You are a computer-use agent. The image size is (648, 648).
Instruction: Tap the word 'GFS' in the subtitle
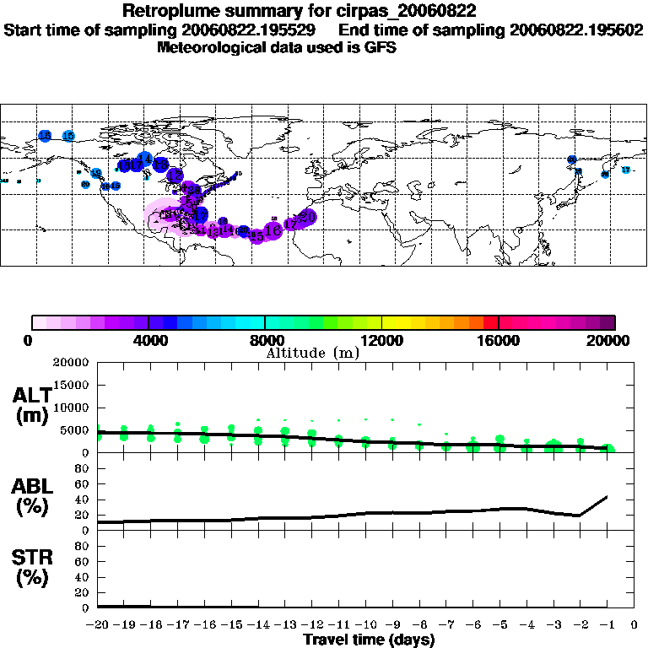381,47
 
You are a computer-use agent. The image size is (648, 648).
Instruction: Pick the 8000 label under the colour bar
265,341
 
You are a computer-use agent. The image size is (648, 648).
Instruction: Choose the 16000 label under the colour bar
498,341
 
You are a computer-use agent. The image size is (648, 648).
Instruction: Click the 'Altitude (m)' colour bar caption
312,353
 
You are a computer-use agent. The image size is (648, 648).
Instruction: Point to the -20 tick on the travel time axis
98,625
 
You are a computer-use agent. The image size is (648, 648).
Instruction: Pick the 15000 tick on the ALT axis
73,385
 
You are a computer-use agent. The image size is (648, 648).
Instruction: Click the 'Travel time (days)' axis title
369,640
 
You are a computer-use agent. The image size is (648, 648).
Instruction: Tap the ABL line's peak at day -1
607,497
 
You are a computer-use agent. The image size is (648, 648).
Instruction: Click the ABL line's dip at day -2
580,516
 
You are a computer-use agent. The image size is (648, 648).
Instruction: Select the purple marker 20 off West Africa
309,218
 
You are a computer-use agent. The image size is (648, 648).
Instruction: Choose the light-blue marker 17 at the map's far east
625,170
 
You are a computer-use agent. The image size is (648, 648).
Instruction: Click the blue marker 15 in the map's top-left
69,135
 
